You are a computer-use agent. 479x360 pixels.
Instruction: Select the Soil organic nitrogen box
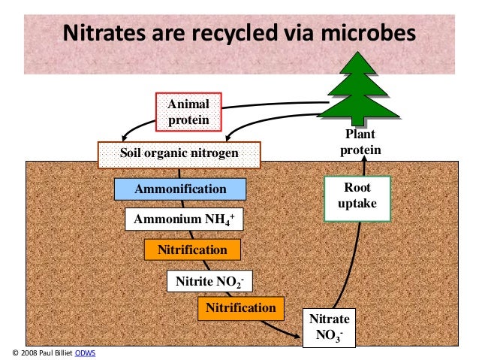[179, 155]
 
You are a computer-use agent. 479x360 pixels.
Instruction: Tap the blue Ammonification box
[180, 189]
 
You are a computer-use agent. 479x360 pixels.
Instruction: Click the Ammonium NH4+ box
[184, 220]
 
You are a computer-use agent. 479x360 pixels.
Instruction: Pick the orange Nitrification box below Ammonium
[192, 250]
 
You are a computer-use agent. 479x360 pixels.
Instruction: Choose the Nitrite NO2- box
[209, 281]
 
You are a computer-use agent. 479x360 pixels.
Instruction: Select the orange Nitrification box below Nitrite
[241, 307]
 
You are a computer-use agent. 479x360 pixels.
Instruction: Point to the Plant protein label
[359, 142]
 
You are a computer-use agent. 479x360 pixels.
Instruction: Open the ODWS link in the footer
[86, 352]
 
